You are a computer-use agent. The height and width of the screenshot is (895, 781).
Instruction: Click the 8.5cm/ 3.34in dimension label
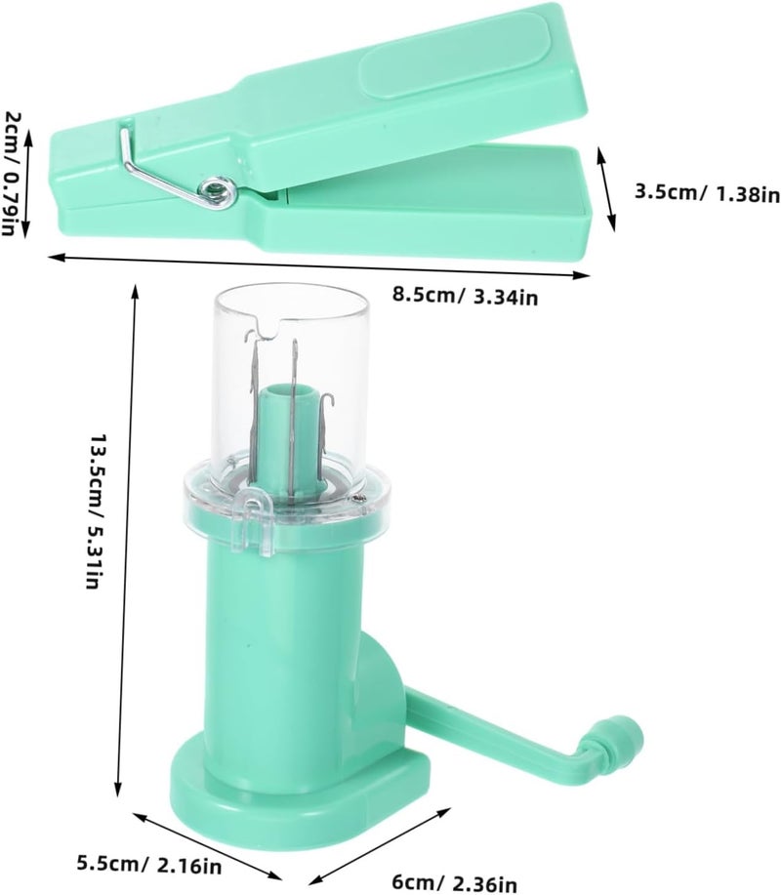click(464, 297)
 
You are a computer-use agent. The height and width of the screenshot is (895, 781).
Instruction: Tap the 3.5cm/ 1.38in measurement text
click(707, 193)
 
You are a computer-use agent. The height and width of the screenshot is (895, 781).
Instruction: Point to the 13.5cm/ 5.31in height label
click(95, 510)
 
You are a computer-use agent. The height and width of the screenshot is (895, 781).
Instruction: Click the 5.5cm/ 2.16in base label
click(149, 866)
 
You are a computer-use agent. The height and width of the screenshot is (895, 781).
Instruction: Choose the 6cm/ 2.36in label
click(454, 882)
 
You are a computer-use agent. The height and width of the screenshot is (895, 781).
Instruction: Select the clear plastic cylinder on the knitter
click(289, 388)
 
